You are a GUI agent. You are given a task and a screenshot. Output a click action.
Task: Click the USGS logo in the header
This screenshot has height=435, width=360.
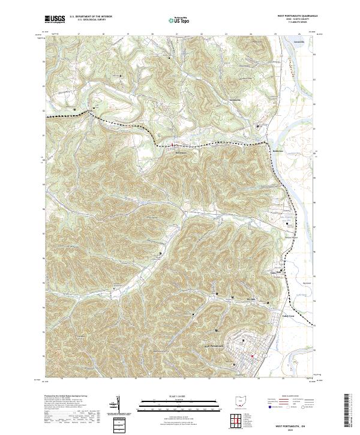tap(55, 19)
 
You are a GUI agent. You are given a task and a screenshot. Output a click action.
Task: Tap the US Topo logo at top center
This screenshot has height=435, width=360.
tap(180, 20)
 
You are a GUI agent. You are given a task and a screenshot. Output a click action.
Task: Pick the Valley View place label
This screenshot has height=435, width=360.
tap(289, 316)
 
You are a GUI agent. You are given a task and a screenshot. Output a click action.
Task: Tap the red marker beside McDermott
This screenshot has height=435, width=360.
tap(173, 145)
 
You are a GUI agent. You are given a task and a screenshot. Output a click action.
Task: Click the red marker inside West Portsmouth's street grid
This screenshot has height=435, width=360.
tap(253, 356)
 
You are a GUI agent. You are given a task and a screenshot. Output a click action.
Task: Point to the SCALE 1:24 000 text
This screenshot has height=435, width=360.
tap(180, 397)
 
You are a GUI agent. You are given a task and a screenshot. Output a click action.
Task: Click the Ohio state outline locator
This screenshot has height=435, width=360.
tap(239, 399)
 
